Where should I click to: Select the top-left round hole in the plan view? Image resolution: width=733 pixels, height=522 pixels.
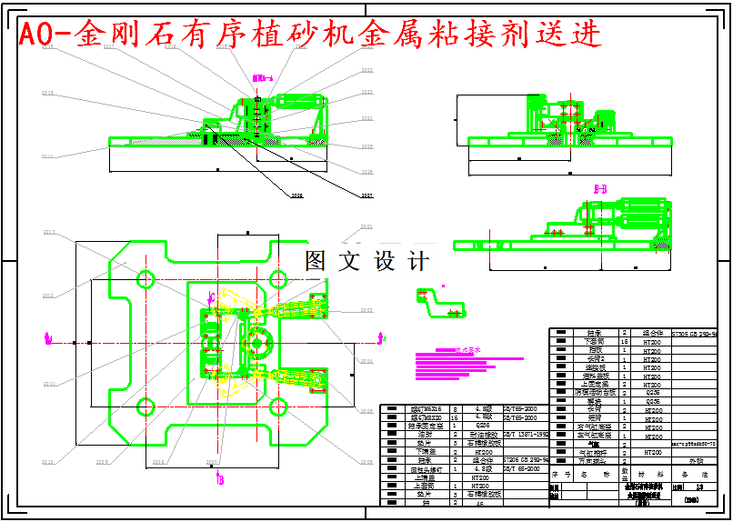(146, 277)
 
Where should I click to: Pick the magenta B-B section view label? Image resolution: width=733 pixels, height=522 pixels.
(600, 188)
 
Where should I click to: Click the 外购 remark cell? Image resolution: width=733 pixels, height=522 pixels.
(696, 461)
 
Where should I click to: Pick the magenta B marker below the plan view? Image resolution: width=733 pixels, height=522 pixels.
(219, 479)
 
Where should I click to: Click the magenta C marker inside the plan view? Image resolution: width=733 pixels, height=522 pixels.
(210, 296)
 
